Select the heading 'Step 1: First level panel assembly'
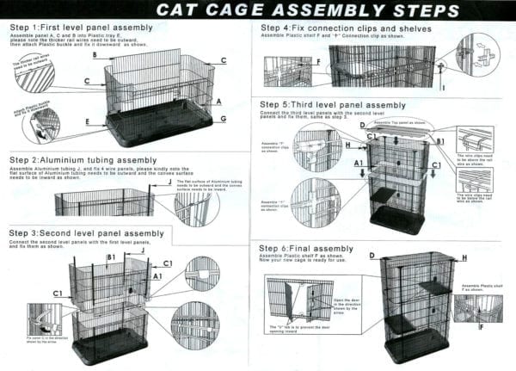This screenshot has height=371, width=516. tap(81, 28)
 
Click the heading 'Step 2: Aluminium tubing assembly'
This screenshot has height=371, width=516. tap(83, 160)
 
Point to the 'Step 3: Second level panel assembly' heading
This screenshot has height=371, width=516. tap(86, 233)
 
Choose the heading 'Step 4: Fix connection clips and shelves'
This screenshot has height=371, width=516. tap(341, 28)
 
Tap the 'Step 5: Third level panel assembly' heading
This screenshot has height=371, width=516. tap(332, 105)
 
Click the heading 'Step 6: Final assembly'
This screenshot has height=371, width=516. tap(306, 248)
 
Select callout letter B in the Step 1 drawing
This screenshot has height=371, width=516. tap(95, 55)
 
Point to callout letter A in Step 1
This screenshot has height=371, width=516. tap(219, 101)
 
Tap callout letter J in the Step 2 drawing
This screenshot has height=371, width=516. tap(169, 182)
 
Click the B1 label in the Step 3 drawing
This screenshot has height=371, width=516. tap(111, 257)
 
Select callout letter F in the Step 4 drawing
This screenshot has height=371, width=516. tap(317, 62)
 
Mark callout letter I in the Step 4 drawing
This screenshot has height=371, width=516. tap(442, 87)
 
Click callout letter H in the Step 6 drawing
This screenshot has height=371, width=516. tap(464, 257)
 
